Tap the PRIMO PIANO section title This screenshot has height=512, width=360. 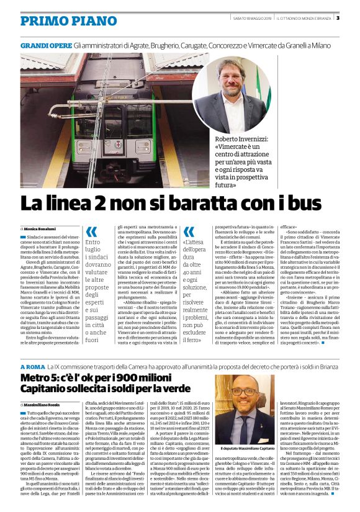(x=60, y=20)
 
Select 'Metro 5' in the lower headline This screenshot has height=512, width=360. (x=39, y=362)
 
